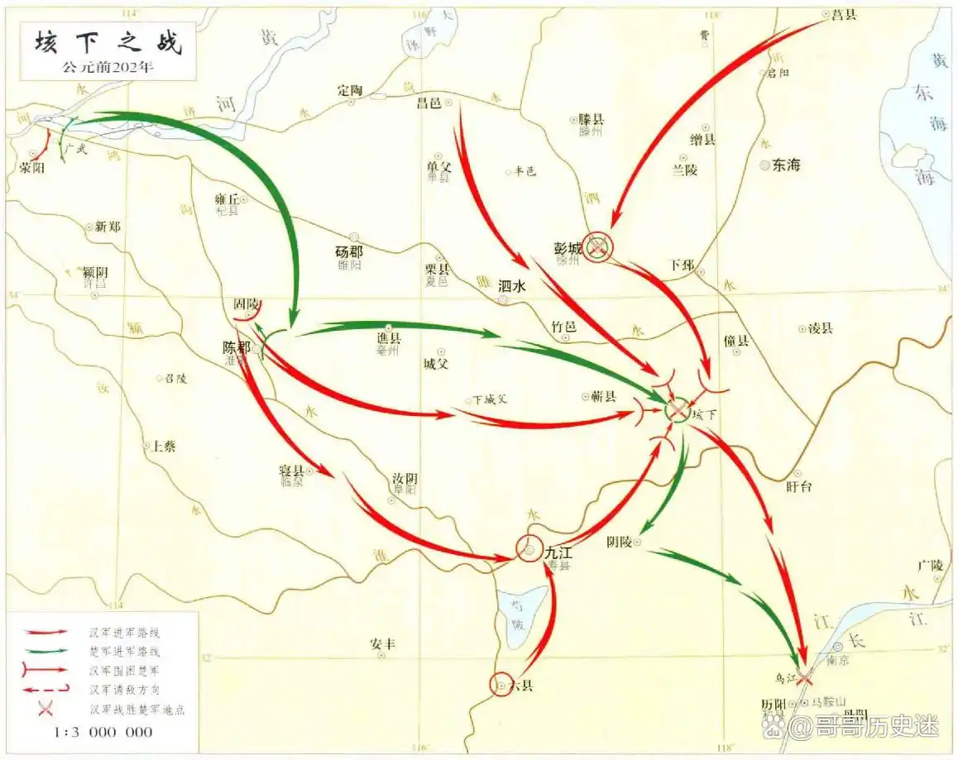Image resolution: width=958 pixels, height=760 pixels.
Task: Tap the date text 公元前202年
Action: tap(108, 67)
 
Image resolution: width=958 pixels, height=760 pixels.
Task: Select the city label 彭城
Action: tap(568, 246)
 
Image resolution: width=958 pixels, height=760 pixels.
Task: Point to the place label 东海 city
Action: tap(786, 165)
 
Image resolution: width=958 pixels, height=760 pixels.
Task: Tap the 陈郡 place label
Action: tap(237, 348)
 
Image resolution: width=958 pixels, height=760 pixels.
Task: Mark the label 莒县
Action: tap(845, 14)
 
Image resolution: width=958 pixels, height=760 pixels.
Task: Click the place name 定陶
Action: tap(351, 89)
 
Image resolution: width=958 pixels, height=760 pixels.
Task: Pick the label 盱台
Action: tap(799, 486)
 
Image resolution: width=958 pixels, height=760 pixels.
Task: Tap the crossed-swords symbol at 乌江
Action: tap(804, 676)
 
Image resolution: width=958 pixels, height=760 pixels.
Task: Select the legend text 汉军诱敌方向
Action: tap(125, 688)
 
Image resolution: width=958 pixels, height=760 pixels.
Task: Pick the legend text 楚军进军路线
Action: tap(125, 651)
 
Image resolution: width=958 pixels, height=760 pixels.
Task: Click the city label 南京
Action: tap(838, 660)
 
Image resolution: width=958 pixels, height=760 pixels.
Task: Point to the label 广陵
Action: tap(931, 566)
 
